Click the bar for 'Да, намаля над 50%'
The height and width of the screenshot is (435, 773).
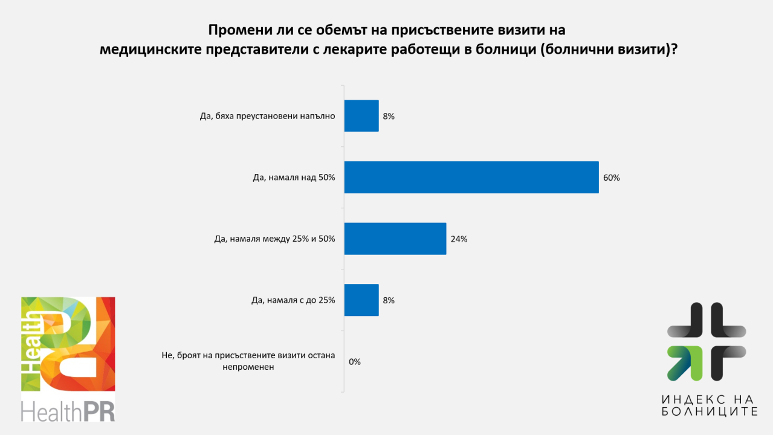pos(471,177)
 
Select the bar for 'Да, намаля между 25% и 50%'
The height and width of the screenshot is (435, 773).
pos(395,239)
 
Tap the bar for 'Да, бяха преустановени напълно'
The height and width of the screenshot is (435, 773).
pos(361,116)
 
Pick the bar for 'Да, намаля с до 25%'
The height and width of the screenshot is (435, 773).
pos(361,300)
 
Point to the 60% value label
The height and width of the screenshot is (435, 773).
pos(611,178)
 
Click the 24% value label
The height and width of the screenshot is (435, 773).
pos(459,239)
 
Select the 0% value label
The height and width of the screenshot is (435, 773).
pos(355,362)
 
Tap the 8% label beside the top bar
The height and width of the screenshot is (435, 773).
pos(389,116)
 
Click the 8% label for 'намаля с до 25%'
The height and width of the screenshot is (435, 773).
pos(389,300)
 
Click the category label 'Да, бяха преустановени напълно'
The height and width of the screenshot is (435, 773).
pos(267,116)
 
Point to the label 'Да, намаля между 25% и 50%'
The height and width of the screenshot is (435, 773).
pos(274,239)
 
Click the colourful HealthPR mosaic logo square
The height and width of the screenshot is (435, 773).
pos(68,343)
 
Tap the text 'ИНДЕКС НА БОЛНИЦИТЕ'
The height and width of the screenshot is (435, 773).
pos(709,405)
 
